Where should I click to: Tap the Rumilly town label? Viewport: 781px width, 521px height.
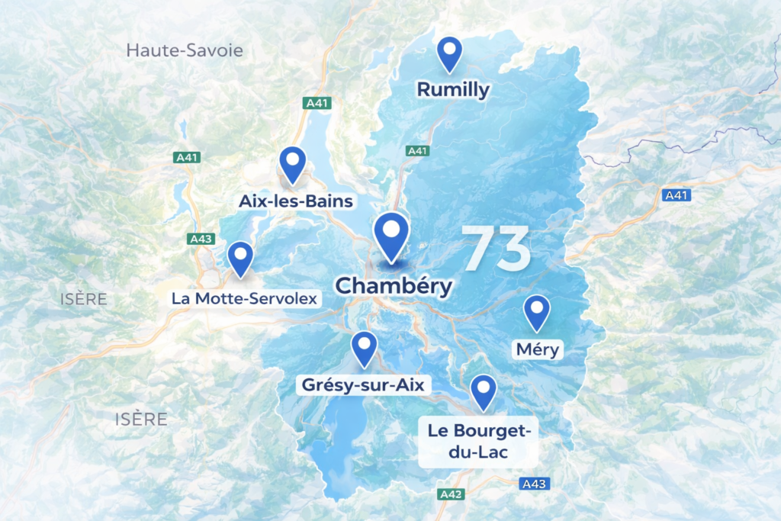coord(453,90)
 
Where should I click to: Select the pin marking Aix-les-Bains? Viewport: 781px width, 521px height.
coord(292,164)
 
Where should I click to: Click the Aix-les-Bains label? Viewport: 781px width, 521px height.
coord(296,201)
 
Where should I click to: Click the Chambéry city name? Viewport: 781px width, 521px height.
coord(394,286)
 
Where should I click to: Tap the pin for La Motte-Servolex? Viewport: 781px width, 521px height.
coord(240,258)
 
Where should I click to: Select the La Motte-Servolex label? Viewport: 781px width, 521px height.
coord(244,298)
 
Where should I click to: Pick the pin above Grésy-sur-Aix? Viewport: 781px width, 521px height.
coord(364,348)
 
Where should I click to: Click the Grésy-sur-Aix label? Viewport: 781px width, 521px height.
coord(363,385)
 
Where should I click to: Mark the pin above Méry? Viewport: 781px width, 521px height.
coord(538,312)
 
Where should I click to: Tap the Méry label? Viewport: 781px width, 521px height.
coord(538,350)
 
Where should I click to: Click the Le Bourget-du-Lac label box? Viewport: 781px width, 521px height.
coord(478,442)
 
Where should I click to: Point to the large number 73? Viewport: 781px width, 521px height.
coord(497,249)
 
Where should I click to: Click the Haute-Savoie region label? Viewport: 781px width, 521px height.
coord(185,51)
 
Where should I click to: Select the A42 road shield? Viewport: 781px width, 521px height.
coord(452,494)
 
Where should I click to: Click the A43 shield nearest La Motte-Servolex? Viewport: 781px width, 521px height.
coord(201,239)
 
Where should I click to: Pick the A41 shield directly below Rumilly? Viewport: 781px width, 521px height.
coord(417,151)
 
